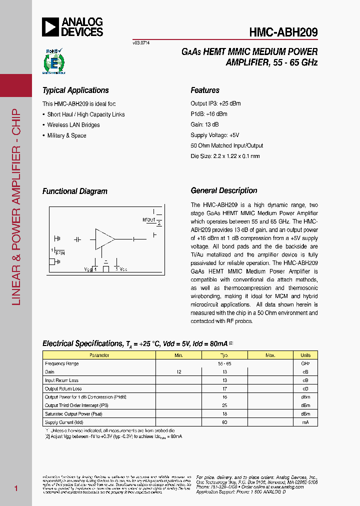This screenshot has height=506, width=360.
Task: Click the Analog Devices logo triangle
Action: (50, 26)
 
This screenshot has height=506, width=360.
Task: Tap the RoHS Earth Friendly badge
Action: (51, 61)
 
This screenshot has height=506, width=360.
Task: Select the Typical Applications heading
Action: (75, 90)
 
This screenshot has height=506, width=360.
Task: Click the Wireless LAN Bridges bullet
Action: (73, 125)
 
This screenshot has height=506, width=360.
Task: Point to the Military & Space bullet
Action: (66, 135)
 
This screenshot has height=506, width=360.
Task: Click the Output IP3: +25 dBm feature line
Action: (215, 103)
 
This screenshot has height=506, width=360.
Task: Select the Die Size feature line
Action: (225, 156)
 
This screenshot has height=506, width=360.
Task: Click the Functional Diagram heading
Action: (74, 191)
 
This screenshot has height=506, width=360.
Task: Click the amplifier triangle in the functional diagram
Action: (104, 239)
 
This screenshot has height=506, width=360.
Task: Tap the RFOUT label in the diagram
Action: (149, 219)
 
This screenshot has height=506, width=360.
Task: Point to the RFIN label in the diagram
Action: (59, 253)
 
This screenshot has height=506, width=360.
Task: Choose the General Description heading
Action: (224, 190)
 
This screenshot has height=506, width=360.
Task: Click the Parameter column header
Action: (99, 355)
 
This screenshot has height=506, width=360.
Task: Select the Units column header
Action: (305, 355)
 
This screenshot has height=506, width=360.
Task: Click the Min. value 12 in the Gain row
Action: (179, 372)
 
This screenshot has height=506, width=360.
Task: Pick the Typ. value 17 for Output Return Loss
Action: (224, 388)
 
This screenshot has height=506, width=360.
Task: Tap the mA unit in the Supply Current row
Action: (305, 422)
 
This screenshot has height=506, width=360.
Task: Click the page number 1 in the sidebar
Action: (16, 488)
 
